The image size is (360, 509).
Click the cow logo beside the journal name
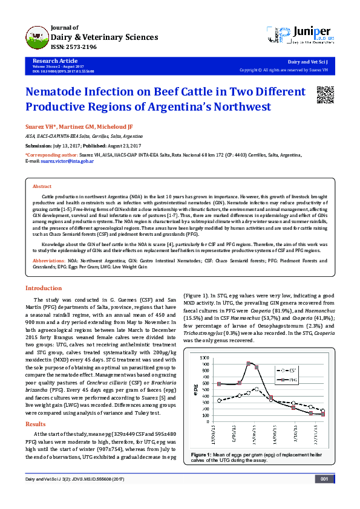[x=37, y=36]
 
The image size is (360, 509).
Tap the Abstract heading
[x=42, y=187]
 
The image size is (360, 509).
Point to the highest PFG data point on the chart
[x=249, y=363]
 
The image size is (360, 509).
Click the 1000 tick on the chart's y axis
[x=208, y=358]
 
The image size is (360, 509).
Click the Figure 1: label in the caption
[x=201, y=453]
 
